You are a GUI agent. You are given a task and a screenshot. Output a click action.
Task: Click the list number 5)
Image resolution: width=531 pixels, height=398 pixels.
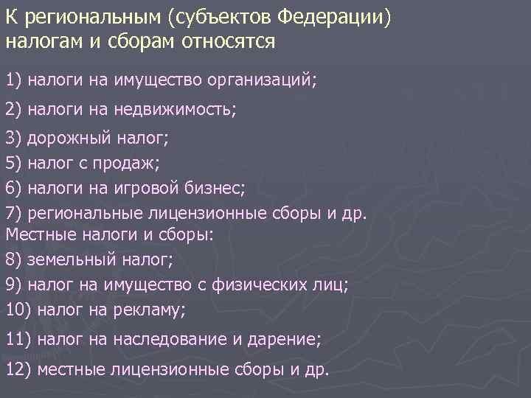click(14, 162)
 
